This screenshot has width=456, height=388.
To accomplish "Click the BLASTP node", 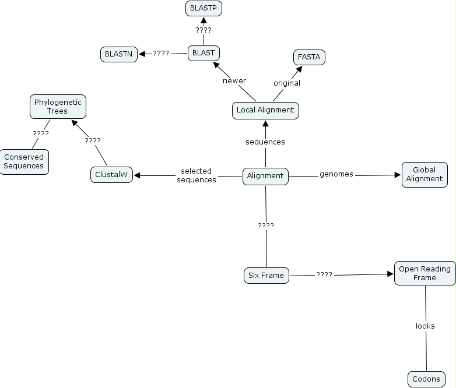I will point(204,8).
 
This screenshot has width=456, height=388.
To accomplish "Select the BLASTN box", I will point(119,54).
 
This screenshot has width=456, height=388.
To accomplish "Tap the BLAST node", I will point(204,53).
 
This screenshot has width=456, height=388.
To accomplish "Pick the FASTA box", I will point(309,57).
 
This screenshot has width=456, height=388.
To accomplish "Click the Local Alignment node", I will point(266,110).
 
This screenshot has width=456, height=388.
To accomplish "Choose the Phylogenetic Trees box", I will point(58,107).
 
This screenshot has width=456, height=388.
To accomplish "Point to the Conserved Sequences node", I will point(24,161).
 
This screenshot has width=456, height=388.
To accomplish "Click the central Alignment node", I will point(265,176).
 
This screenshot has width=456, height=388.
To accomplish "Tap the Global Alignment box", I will point(425,174).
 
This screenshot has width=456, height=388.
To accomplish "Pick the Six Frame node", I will point(266,275).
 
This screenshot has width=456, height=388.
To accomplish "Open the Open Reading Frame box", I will point(425,273).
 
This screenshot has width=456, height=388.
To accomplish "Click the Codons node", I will point(426,379).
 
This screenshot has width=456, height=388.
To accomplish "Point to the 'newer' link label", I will point(234,80).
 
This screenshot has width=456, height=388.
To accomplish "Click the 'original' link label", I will point(287,83).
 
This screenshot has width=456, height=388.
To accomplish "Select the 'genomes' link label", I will point(336,174).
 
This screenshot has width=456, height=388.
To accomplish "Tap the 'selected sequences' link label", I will point(197,175).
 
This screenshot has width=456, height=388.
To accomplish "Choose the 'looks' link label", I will point(425,326).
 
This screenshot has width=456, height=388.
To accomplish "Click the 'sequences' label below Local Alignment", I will point(265,142).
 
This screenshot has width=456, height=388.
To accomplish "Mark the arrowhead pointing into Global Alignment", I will point(398,174).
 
